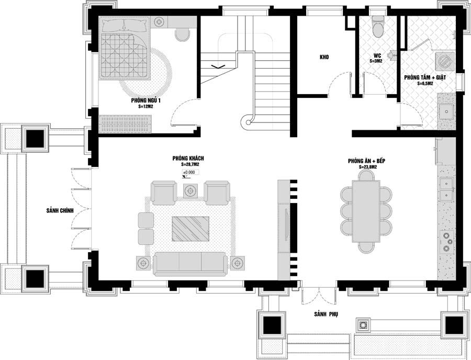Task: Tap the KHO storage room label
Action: (x=323, y=58)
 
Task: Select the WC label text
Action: (x=376, y=55)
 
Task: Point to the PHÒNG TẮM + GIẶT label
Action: (x=424, y=77)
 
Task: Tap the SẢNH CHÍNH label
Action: (x=59, y=210)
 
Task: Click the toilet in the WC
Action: (x=377, y=26)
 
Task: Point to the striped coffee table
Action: (x=190, y=229)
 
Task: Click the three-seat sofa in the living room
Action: (x=189, y=263)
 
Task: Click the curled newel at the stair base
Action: (x=246, y=124)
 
